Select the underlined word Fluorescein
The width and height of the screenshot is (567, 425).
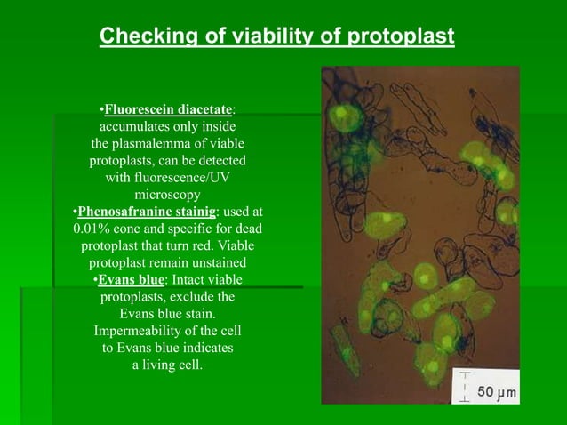coord(139,110)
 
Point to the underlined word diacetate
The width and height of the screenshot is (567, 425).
coord(203,110)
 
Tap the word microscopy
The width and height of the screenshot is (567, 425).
coord(167,195)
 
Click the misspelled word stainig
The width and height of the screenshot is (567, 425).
coord(195,212)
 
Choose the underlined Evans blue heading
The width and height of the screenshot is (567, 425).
coord(131,280)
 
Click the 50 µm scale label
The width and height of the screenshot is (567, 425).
coord(498,392)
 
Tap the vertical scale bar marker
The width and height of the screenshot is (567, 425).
coord(465,389)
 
